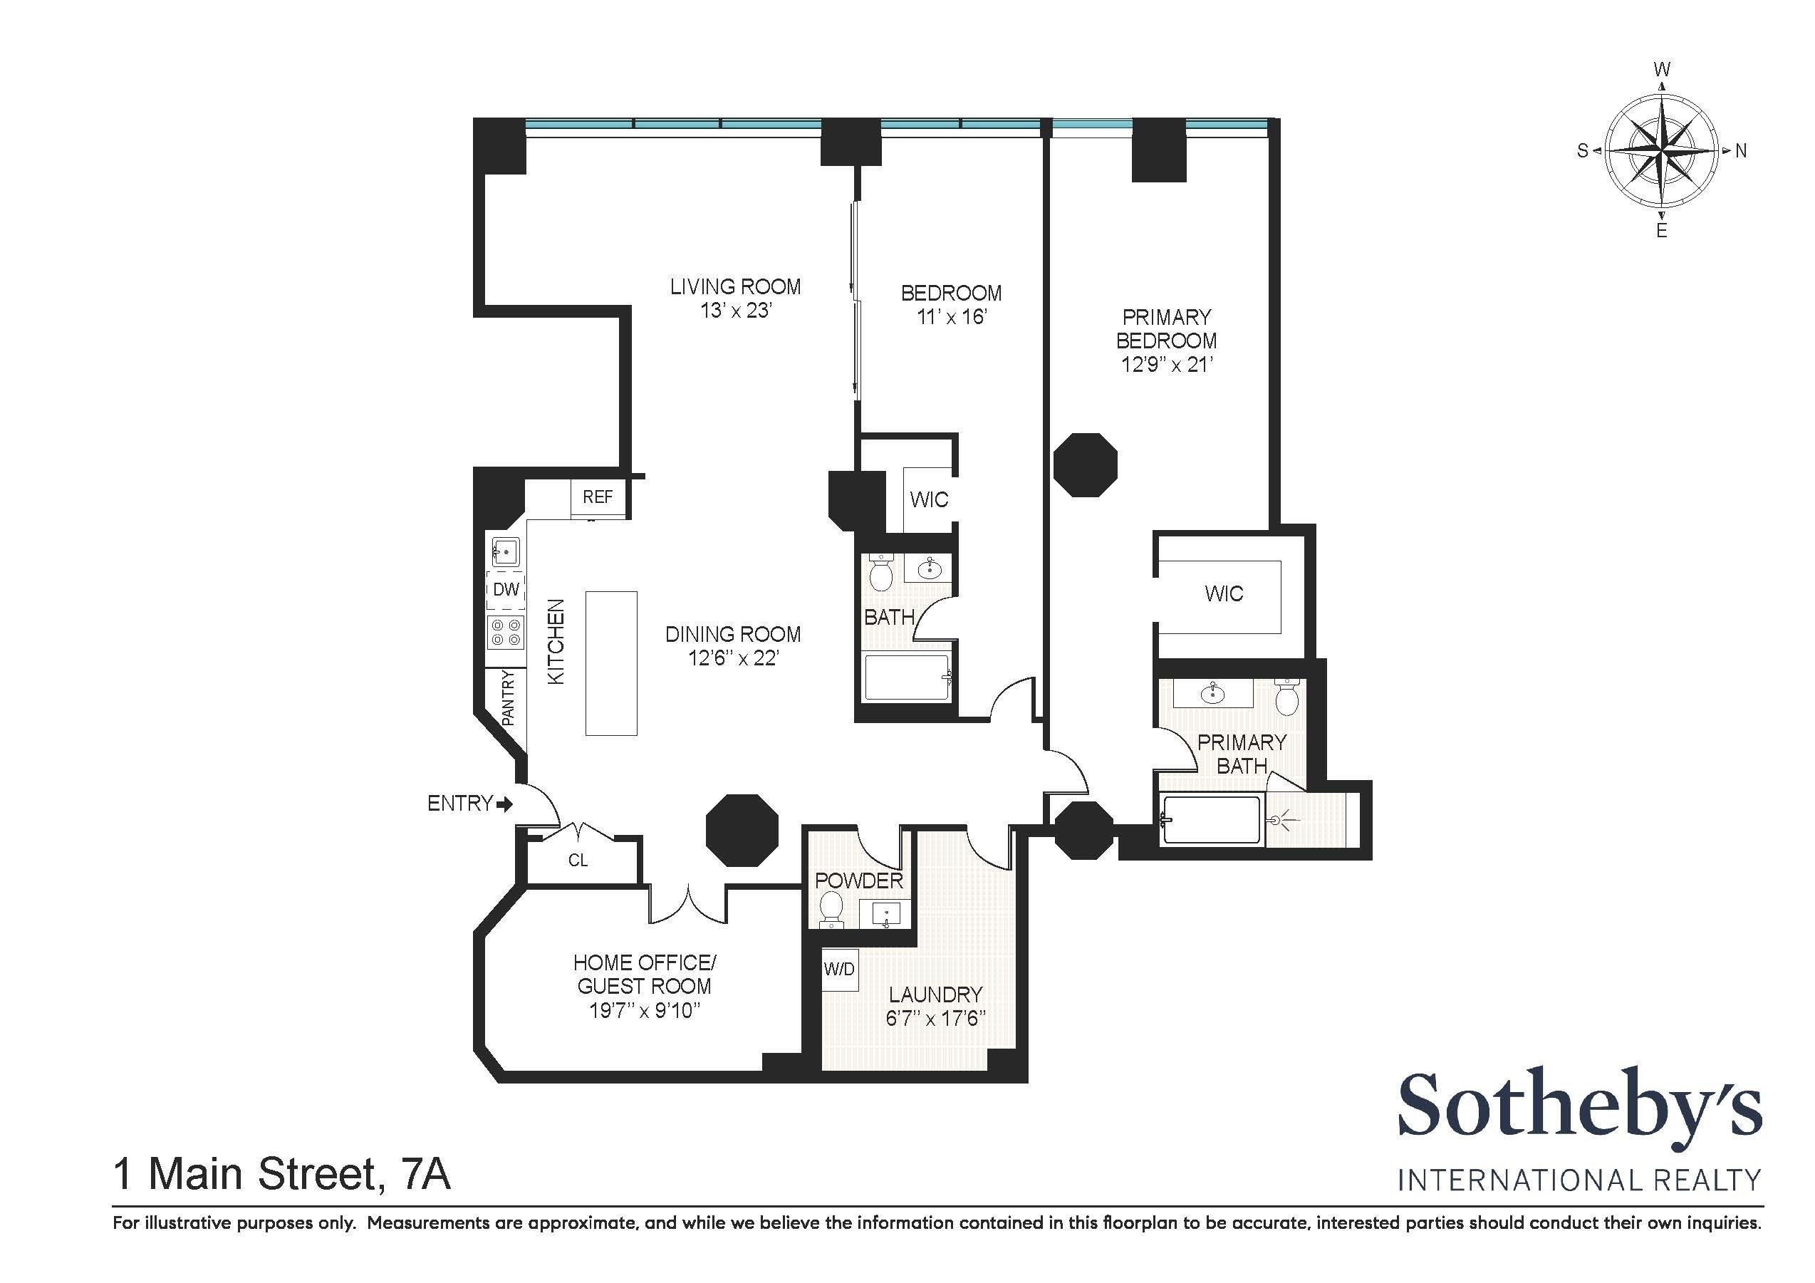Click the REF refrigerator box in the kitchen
(598, 497)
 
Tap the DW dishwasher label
(506, 589)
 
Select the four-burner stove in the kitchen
(506, 632)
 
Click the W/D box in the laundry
(838, 969)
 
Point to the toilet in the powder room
(831, 909)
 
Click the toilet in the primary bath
(1288, 697)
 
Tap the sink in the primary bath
(1212, 693)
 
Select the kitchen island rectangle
(611, 663)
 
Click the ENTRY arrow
(504, 805)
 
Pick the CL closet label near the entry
(578, 860)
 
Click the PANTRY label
(509, 698)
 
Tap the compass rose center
(1662, 150)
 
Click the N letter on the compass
(1741, 151)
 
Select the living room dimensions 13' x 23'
(735, 311)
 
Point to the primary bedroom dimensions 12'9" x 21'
(1167, 365)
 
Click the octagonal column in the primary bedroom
(1086, 464)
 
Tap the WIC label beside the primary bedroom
(1224, 593)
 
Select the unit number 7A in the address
(426, 1174)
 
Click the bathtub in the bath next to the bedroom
(907, 677)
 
